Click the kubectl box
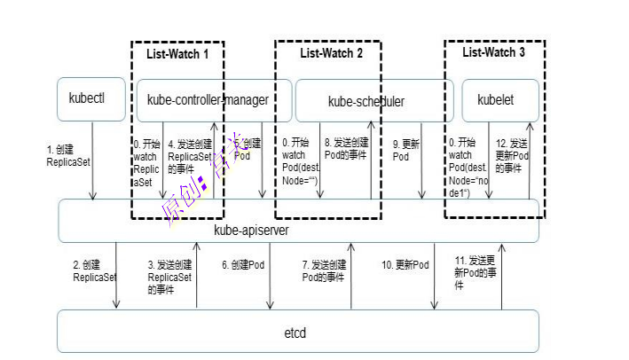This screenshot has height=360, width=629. (87, 100)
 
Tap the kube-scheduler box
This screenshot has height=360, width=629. (366, 101)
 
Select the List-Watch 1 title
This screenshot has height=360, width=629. (177, 54)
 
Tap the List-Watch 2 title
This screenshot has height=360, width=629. (331, 53)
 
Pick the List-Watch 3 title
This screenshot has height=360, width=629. (494, 53)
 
